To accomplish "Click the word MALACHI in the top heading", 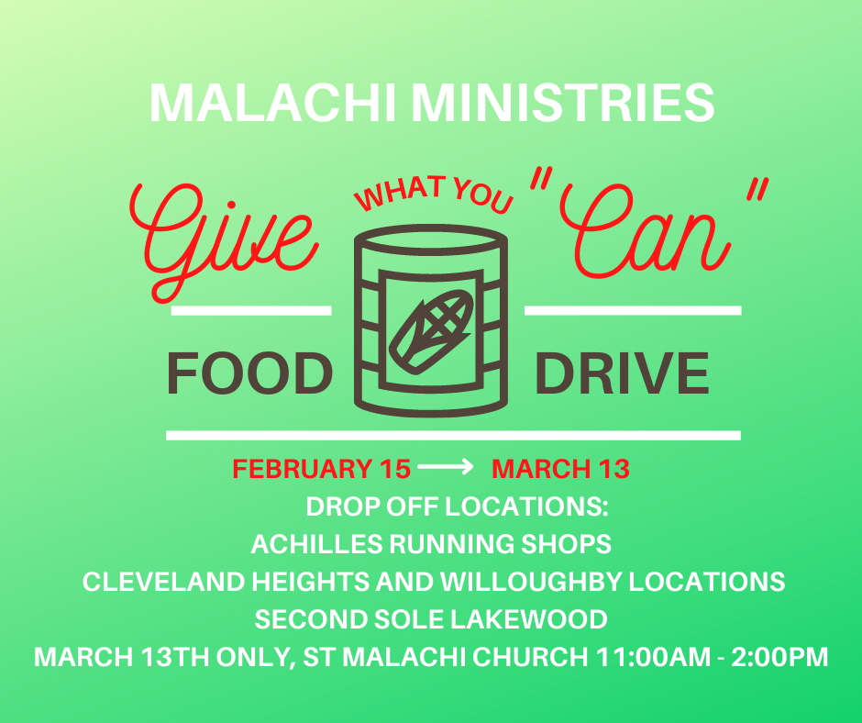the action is (x=272, y=103).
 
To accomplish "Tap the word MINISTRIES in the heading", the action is (x=563, y=103).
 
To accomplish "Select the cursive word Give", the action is (x=224, y=242).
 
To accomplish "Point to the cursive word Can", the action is (x=645, y=231).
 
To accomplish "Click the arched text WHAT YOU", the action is (x=433, y=194).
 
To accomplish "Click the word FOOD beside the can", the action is (x=250, y=373).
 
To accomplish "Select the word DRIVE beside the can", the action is (x=622, y=373).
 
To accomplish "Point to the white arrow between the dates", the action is (x=446, y=467).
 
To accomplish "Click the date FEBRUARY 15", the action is (x=322, y=469).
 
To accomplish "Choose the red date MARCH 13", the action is (x=560, y=469).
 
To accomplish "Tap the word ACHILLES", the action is (x=316, y=544).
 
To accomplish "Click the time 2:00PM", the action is (x=779, y=657).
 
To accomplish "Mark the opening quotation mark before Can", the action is (x=541, y=180).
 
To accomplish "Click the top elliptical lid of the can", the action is (x=430, y=239).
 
